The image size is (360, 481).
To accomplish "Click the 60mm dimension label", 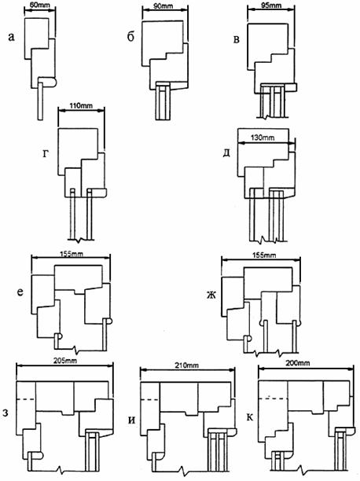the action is tap(40, 6).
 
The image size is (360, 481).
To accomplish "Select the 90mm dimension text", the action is tap(163, 6).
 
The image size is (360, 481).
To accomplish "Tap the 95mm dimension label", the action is tap(268, 6).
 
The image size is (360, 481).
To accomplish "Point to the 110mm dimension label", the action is tap(79, 105).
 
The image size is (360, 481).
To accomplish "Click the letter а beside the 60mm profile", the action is tap(11, 37).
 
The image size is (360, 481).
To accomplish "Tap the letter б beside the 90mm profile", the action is tap(130, 37).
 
